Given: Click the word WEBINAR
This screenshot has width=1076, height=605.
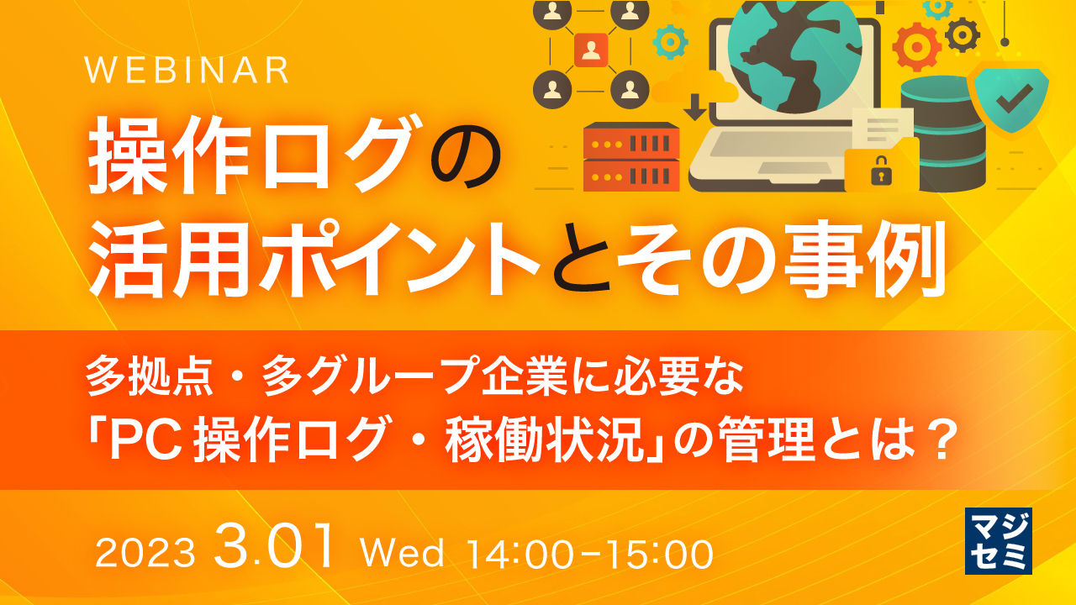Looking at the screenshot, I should click(x=187, y=71).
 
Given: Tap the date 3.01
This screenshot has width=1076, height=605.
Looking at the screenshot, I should click(x=276, y=548).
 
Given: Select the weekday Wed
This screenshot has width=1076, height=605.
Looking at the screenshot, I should click(x=402, y=554).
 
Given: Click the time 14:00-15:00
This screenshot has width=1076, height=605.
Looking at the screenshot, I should click(x=589, y=554).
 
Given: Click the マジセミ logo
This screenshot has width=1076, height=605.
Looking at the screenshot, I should click(x=999, y=540).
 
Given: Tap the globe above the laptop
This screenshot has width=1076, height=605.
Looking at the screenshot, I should click(x=794, y=50).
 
